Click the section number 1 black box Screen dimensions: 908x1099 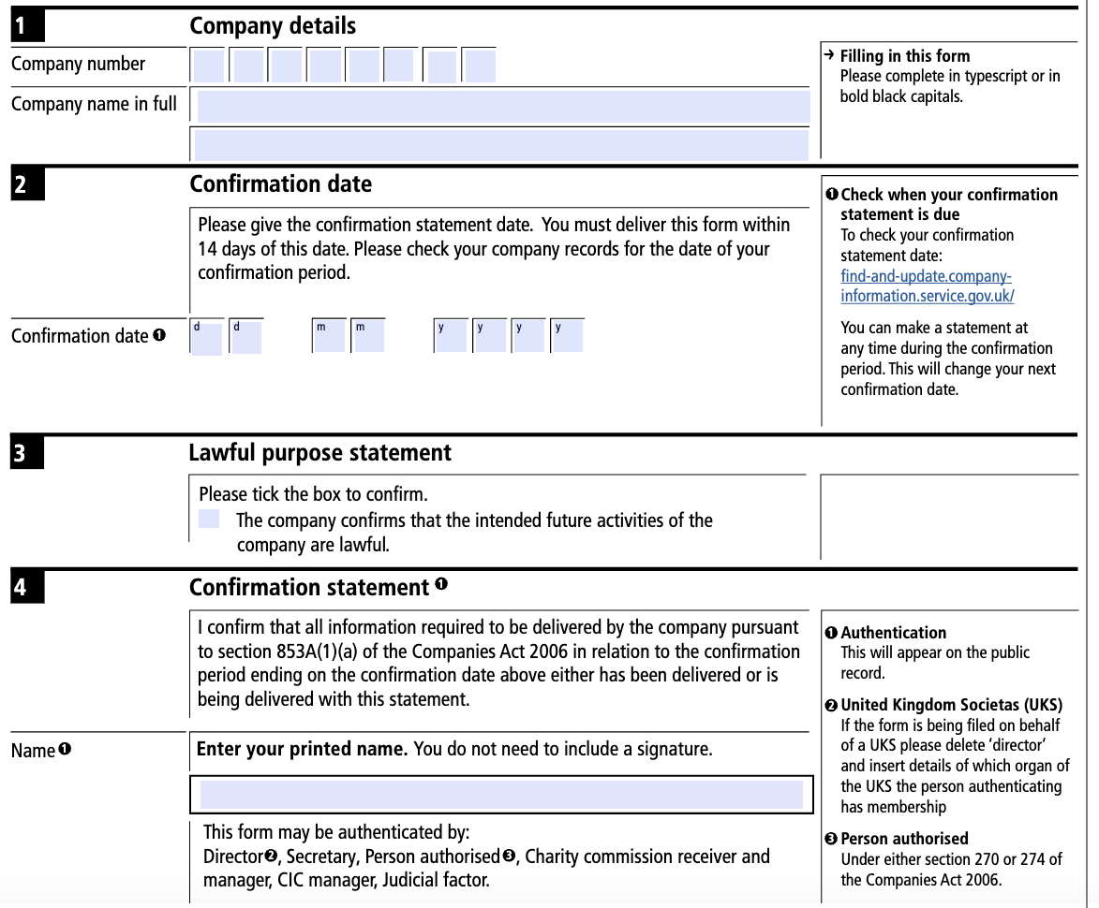pos(27,27)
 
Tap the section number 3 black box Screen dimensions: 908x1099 pos(27,454)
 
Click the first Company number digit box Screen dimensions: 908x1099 pos(209,66)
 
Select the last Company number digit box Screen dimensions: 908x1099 pos(479,66)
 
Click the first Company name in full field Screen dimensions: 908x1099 pos(503,106)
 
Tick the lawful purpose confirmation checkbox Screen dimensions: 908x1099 pos(209,520)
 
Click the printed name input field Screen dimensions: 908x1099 pos(501,795)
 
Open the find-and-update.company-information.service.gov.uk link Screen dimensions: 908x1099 pos(927,286)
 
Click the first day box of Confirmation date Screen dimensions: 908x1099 pos(207,337)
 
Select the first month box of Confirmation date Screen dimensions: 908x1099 pos(329,336)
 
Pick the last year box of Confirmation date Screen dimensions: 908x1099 pos(567,336)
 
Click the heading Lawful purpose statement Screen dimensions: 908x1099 pos(319,453)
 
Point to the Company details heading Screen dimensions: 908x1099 pos(273,26)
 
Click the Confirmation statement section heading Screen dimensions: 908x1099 pos(308,588)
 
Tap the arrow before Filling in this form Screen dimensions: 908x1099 pos(829,55)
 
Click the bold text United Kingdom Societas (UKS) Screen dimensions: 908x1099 pos(951,705)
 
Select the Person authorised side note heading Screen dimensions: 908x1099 pos(904,839)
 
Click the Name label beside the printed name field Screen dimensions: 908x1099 pos(34,751)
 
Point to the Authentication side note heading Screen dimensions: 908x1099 pos(893,633)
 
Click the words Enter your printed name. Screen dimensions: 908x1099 pos(302,749)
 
